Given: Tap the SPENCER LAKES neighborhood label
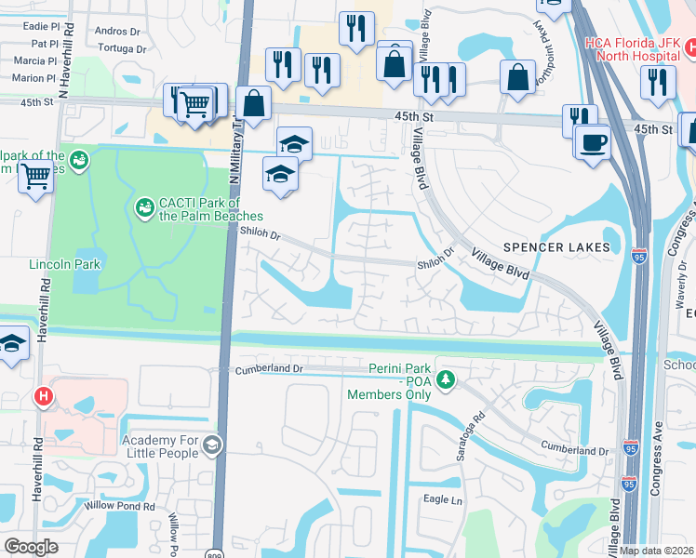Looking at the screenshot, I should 556,247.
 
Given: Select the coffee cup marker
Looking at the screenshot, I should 592,142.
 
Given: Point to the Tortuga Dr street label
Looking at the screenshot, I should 122,48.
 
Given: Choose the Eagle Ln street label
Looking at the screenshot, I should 443,500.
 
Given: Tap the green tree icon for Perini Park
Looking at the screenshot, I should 447,379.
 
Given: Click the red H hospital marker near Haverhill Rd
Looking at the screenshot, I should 42,397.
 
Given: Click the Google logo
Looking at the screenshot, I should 31,546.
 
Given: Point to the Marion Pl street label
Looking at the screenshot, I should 34,78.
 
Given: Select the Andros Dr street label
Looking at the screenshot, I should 117,31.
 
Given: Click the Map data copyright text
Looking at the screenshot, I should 657,550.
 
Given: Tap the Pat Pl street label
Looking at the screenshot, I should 45,44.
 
